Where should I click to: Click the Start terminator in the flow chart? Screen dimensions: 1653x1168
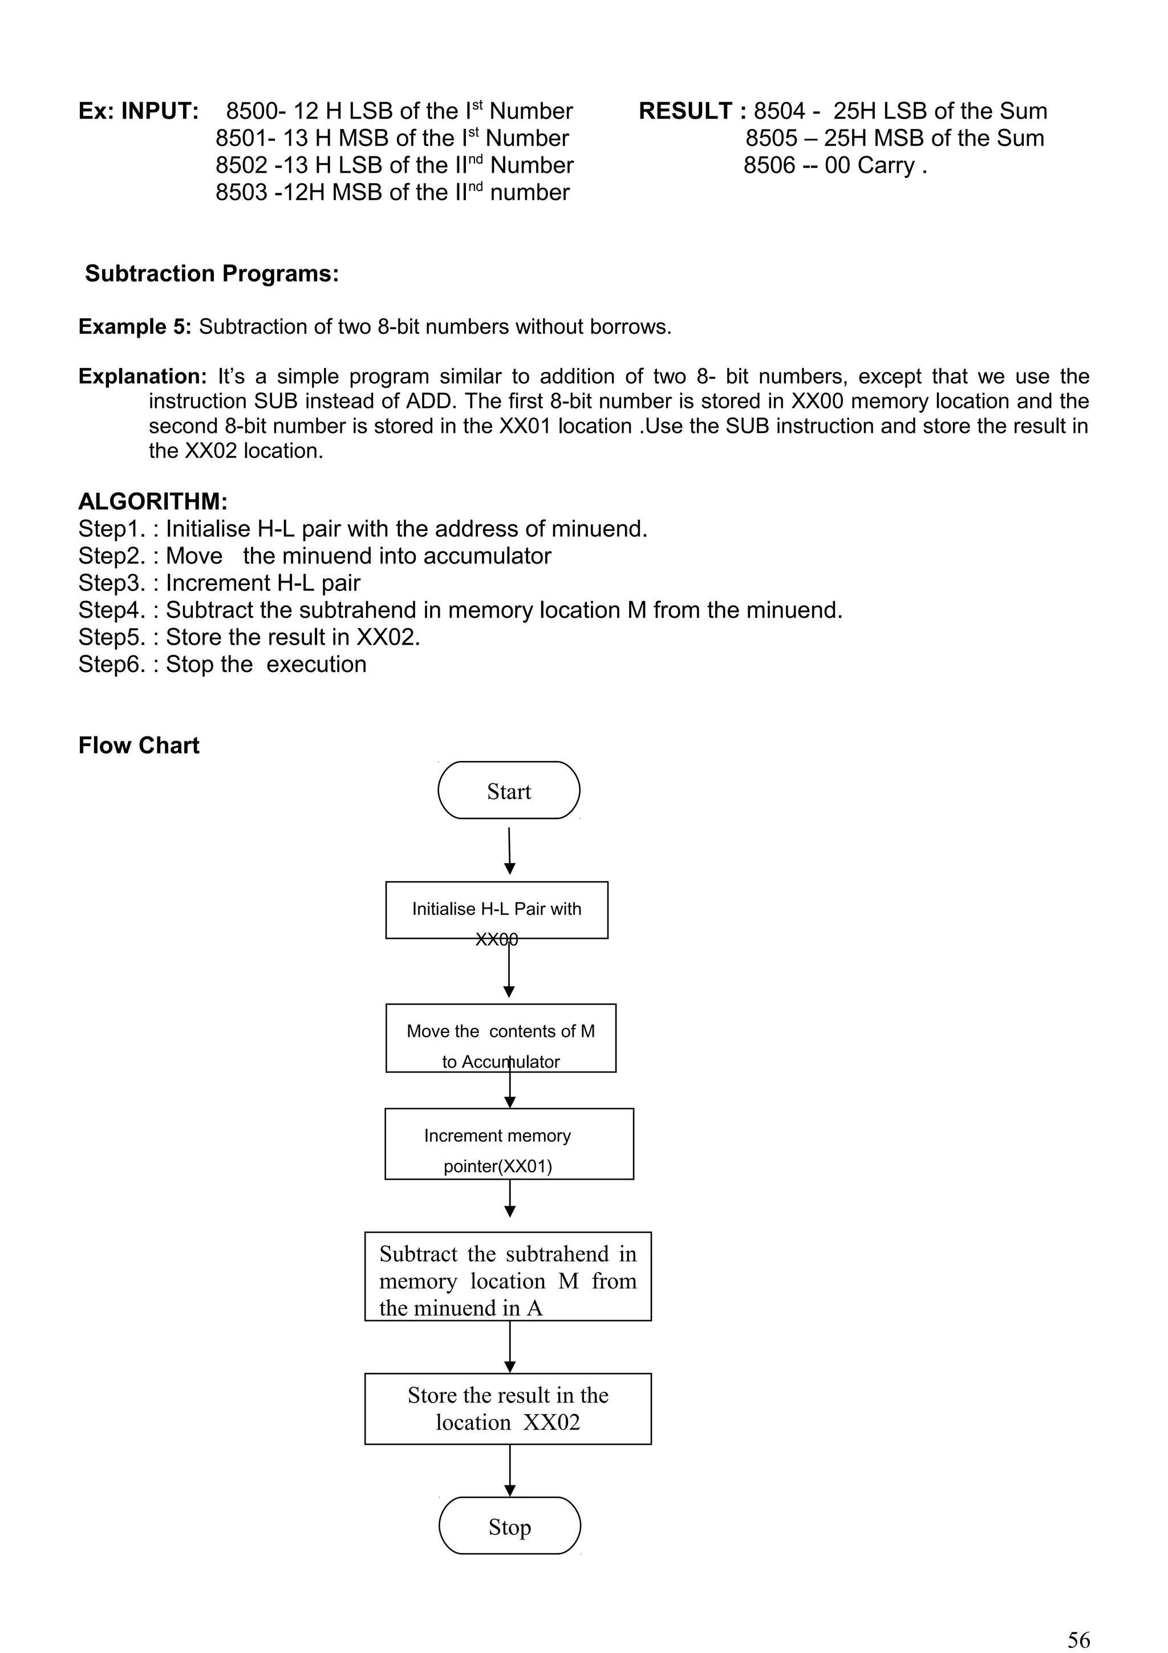click(509, 791)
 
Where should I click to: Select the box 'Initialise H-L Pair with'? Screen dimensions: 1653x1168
click(497, 909)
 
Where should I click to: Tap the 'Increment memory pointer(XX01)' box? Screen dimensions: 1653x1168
click(509, 1144)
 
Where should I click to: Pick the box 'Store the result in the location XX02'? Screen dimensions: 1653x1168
click(508, 1408)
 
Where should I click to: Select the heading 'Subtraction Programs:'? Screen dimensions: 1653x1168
click(212, 274)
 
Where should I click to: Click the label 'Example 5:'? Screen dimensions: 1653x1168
click(135, 327)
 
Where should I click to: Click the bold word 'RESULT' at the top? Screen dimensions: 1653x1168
click(685, 111)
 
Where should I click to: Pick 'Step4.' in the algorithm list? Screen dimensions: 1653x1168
click(112, 610)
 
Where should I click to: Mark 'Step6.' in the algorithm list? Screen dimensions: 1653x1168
click(112, 665)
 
